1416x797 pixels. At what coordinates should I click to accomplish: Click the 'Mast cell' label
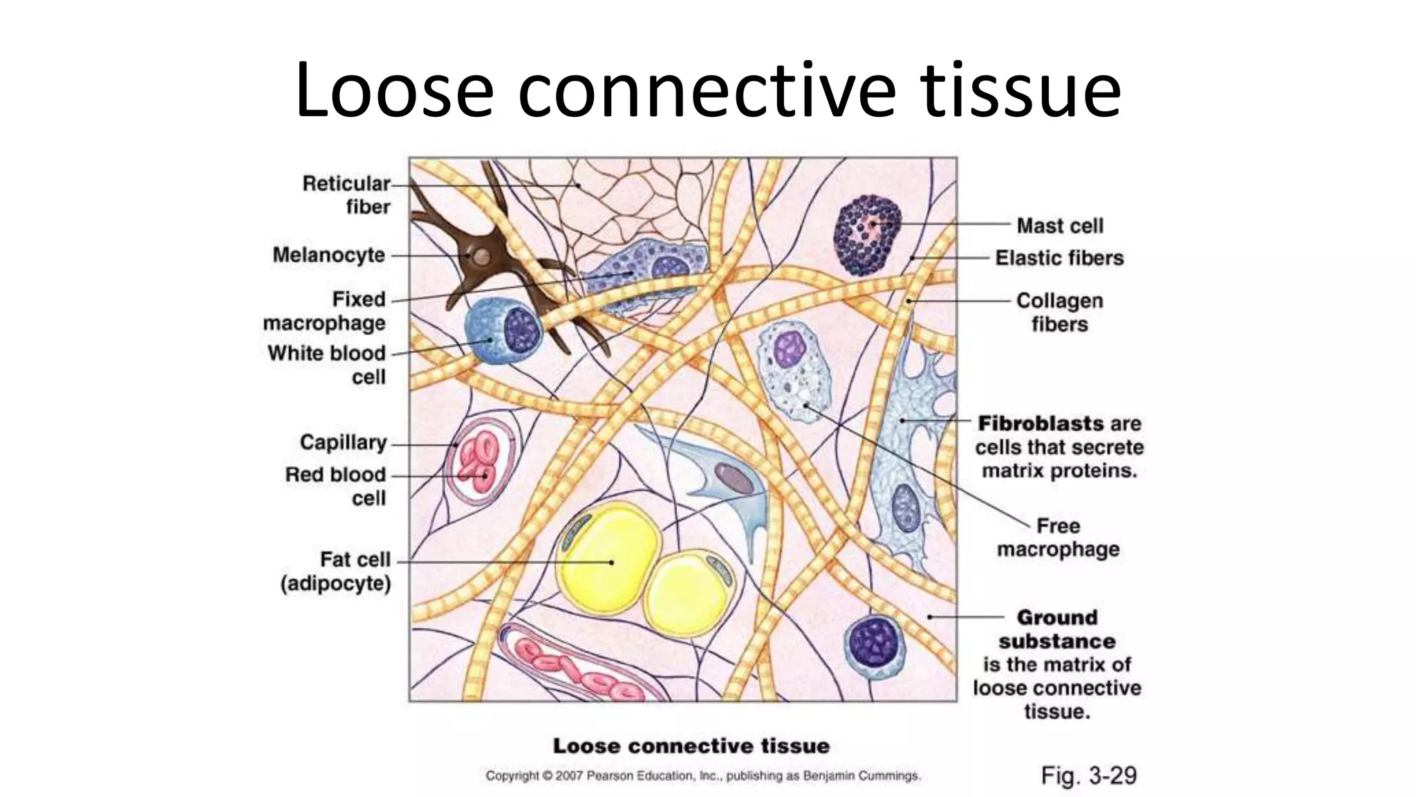click(1059, 226)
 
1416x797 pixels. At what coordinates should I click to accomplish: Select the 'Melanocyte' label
click(328, 255)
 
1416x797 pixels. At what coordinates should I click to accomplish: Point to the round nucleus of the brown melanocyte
click(482, 257)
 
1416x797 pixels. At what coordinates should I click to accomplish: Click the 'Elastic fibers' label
click(1059, 258)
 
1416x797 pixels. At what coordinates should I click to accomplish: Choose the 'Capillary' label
click(343, 443)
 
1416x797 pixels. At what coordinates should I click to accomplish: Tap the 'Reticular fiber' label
click(346, 195)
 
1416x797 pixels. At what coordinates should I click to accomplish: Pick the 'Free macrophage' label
click(1058, 538)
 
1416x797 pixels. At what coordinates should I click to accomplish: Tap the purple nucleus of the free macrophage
click(790, 349)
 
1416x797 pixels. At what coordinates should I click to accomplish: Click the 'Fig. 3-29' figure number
click(1088, 776)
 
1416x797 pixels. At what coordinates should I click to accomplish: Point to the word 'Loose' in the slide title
click(394, 90)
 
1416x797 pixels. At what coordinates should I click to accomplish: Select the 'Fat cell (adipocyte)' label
click(336, 571)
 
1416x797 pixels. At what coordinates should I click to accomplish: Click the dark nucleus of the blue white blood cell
click(521, 329)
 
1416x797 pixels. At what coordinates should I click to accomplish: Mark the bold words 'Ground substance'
click(1056, 629)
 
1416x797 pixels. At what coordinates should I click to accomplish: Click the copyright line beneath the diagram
click(702, 776)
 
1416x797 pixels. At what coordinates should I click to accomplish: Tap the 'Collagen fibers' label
click(1059, 312)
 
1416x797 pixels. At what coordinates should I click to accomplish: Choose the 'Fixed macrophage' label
click(324, 311)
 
